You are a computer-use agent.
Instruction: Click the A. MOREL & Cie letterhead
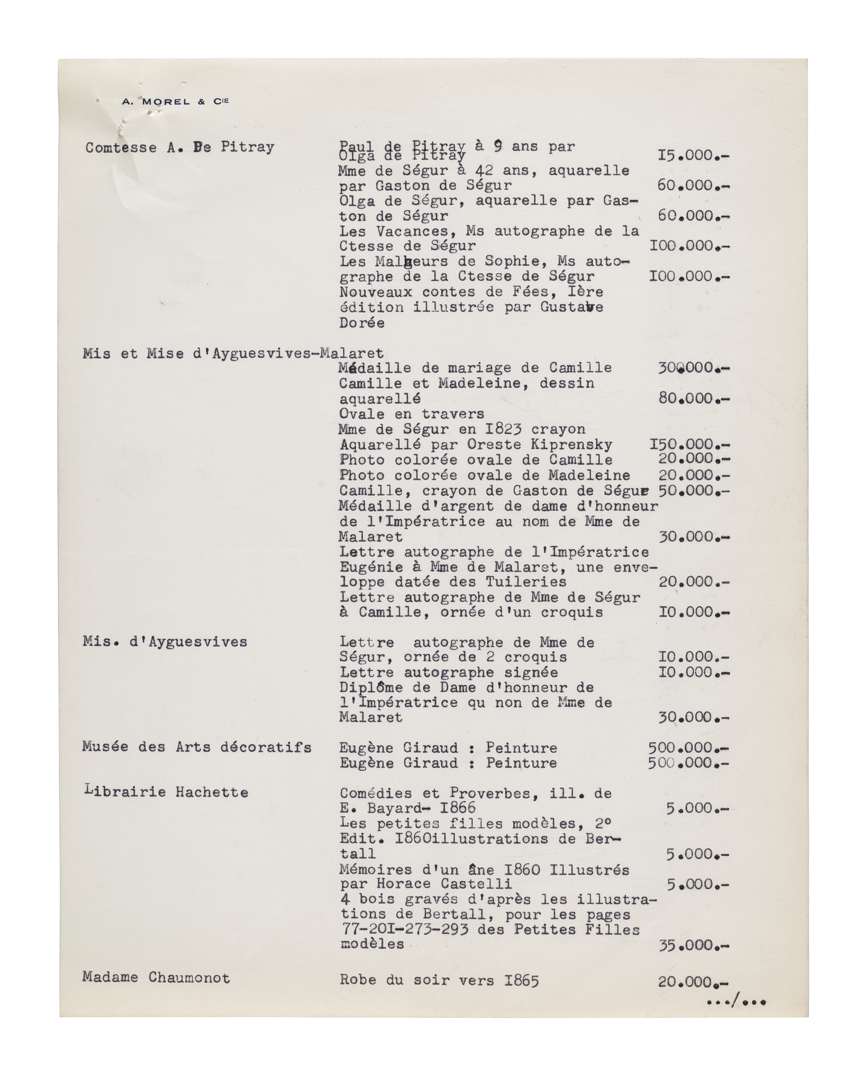point(175,101)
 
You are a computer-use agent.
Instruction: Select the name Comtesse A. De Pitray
point(180,147)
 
